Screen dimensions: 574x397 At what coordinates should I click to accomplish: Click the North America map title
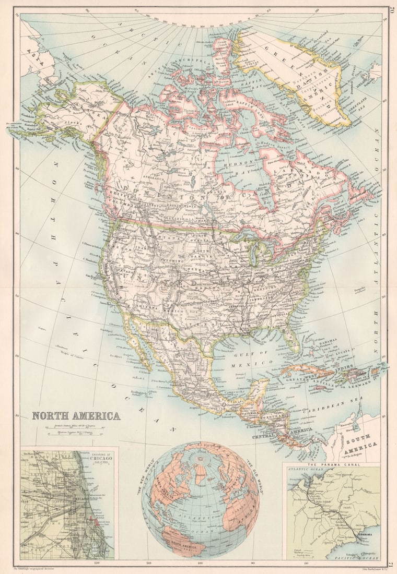tap(76, 416)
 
